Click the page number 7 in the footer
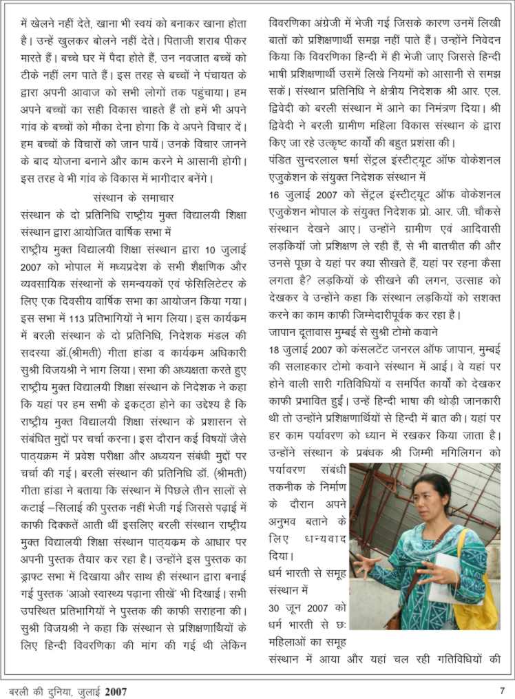[x=502, y=689]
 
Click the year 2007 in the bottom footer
[x=116, y=690]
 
